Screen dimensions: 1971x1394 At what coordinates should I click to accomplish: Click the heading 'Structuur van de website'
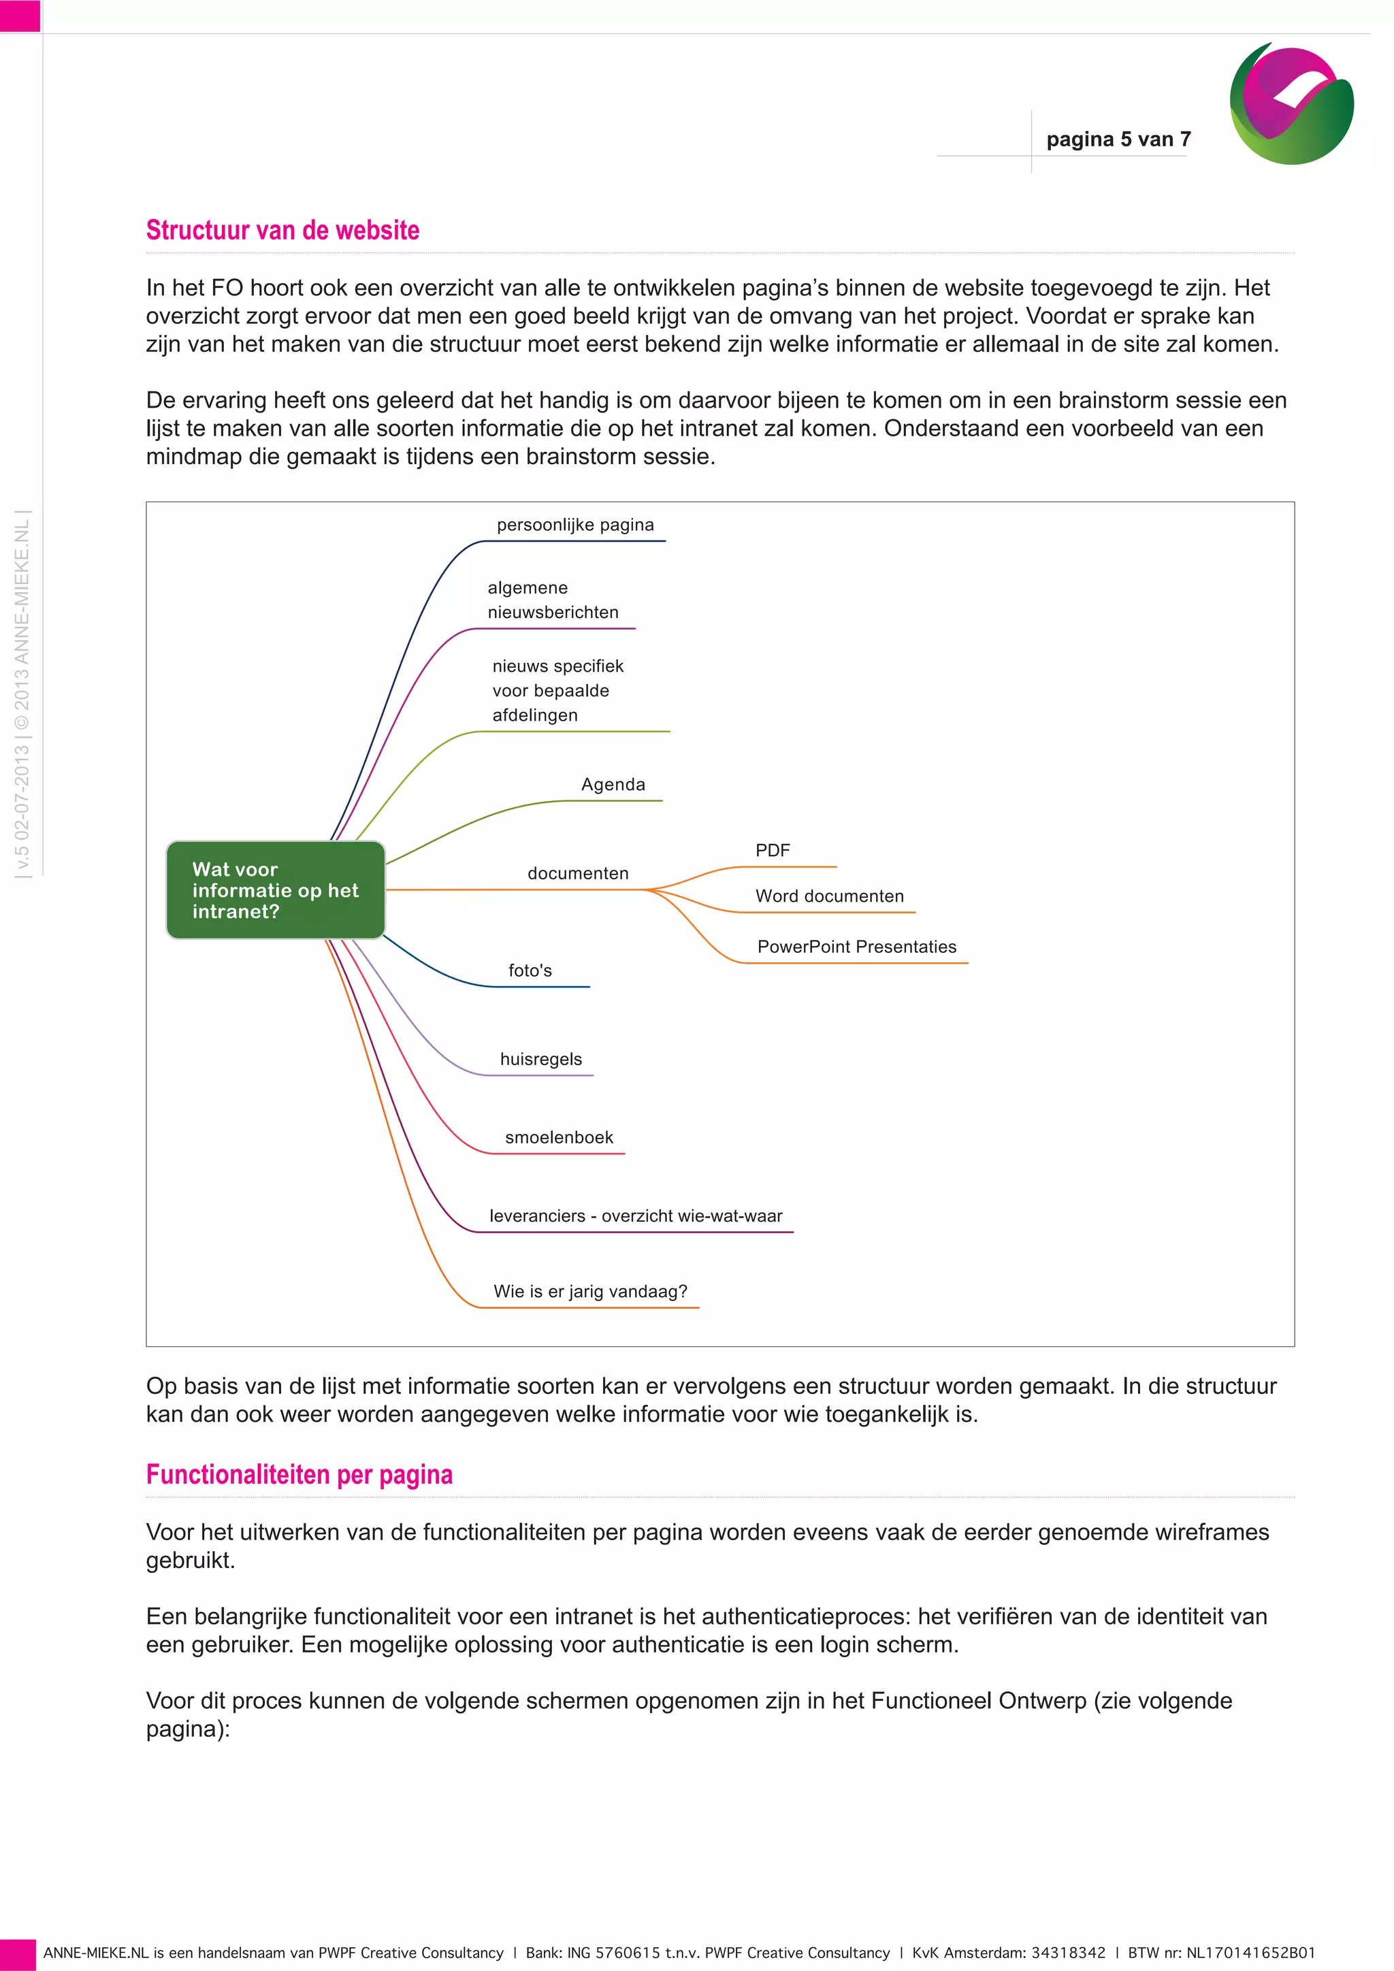[282, 230]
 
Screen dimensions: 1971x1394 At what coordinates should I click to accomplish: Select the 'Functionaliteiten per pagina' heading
[299, 1474]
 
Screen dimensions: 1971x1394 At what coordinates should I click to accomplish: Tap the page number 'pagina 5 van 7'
[1118, 139]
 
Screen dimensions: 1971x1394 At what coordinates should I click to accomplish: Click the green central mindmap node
[276, 890]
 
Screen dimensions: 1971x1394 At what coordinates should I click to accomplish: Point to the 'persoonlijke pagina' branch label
[575, 525]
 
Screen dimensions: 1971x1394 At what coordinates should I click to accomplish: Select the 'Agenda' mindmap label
[613, 785]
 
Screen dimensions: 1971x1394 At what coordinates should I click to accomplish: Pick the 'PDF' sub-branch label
[773, 850]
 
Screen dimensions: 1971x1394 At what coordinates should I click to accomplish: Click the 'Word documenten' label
[829, 896]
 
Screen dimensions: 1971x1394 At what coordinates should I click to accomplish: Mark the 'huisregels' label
[540, 1059]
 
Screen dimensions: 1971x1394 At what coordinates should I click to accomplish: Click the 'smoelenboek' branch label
[559, 1137]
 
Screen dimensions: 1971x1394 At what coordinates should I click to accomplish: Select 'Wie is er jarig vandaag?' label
[591, 1291]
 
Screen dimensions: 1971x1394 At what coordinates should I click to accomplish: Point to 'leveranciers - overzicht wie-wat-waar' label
[636, 1216]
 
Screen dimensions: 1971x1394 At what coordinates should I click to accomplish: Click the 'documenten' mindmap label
[578, 873]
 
